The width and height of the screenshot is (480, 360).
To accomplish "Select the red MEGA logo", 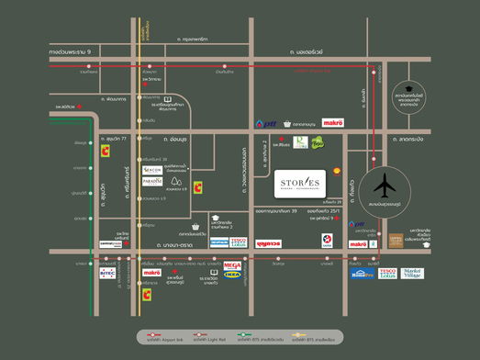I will (x=232, y=266).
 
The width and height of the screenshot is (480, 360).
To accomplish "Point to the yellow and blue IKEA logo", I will (x=232, y=275).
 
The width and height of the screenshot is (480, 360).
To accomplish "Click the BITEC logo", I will (x=107, y=273).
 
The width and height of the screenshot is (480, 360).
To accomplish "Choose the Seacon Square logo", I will (x=152, y=171).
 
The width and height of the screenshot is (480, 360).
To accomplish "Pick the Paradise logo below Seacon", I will (x=152, y=182).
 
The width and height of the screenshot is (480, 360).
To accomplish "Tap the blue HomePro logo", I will (x=362, y=273).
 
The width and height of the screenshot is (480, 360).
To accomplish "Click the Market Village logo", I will (x=412, y=273).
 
